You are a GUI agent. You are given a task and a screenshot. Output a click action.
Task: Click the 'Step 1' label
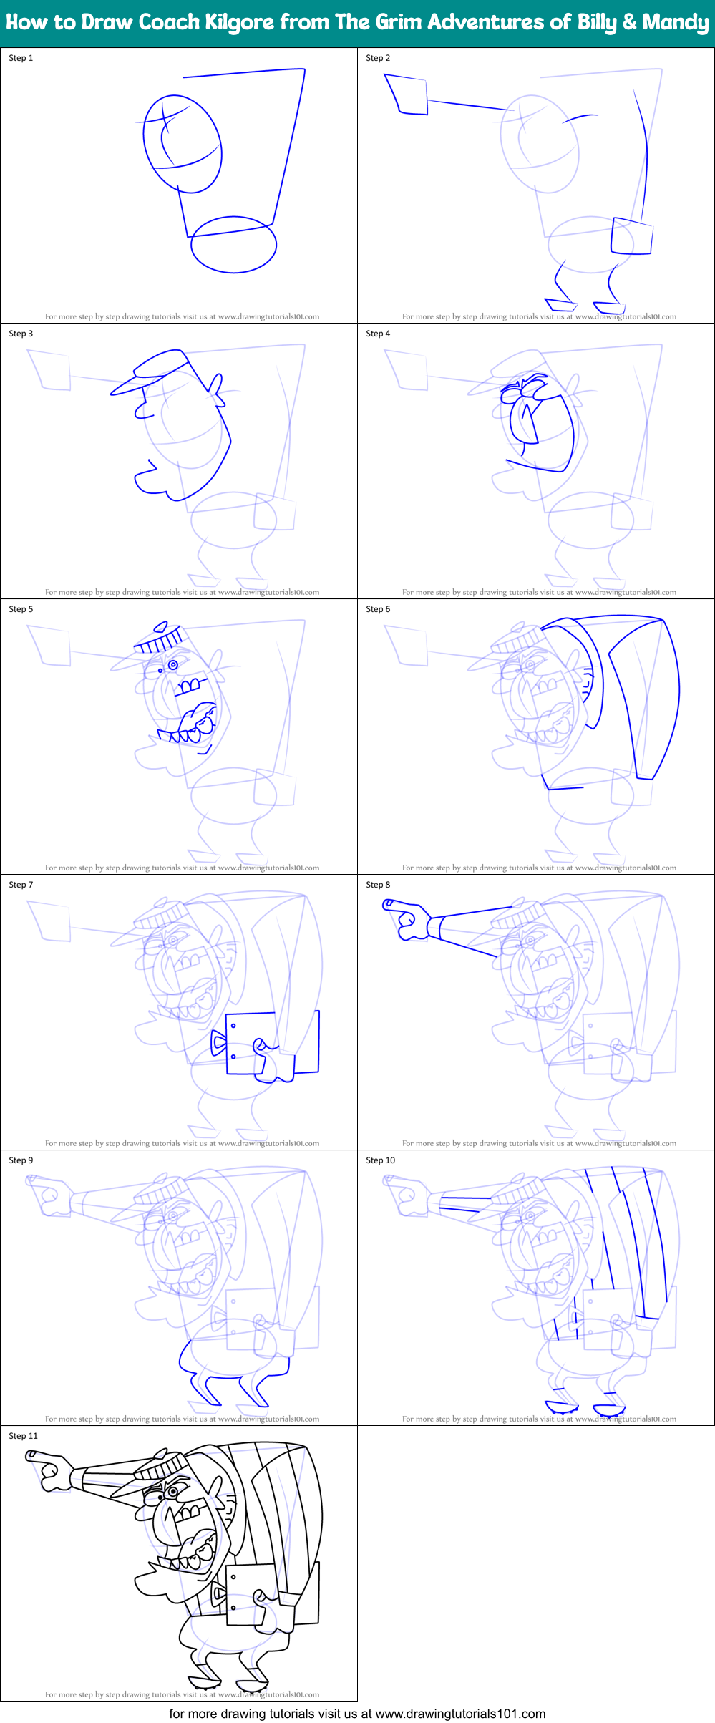(21, 58)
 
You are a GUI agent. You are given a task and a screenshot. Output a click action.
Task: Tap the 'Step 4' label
(378, 334)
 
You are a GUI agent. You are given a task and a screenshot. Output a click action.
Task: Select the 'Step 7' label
(21, 885)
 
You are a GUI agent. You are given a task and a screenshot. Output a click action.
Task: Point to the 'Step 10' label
(380, 1160)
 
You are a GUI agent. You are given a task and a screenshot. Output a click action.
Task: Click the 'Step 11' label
(23, 1436)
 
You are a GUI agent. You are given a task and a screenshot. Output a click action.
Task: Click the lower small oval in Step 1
(233, 244)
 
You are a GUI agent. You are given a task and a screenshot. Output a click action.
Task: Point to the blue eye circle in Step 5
(172, 665)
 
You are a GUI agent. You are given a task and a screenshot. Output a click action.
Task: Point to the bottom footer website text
(357, 1713)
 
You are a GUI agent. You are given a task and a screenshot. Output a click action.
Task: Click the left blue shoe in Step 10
(560, 1407)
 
